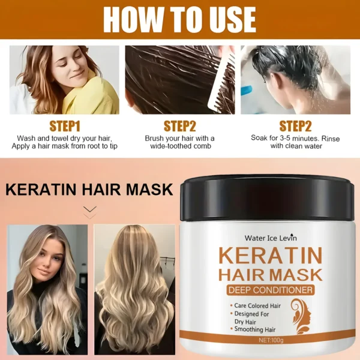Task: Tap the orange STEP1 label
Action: pos(65,126)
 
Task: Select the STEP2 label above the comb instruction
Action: pos(180,126)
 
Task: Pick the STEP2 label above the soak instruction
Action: pos(295,126)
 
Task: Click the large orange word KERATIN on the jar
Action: pos(270,254)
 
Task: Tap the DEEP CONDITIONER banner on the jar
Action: pos(270,290)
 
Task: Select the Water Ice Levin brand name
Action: pos(271,238)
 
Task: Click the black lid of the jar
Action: pos(268,195)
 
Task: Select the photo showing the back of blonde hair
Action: pos(134,288)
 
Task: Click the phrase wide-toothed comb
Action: pos(180,146)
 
